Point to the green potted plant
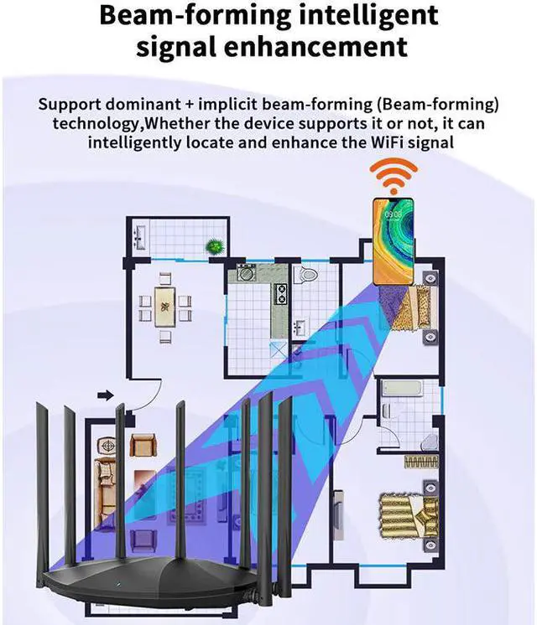coord(216,246)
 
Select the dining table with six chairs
coord(165,306)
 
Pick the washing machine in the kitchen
coord(245,272)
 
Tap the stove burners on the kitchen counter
coord(281,292)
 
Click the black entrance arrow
coord(106,394)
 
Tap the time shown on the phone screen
coord(393,214)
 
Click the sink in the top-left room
coord(141,237)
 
